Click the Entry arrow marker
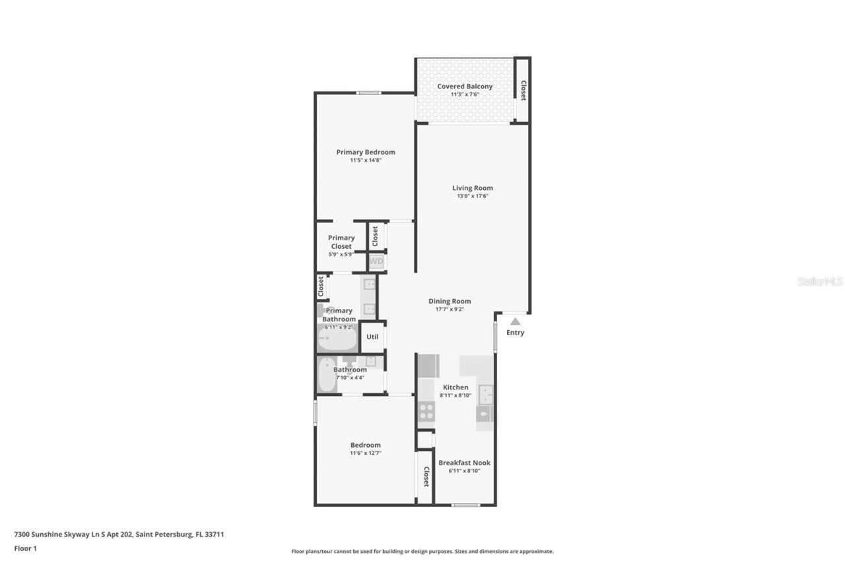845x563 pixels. [x=515, y=321]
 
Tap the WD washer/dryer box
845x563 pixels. [x=376, y=262]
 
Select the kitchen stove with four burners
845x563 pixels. [x=426, y=412]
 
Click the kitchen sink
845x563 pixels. [x=486, y=395]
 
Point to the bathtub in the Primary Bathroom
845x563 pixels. [x=337, y=338]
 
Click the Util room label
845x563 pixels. [x=372, y=337]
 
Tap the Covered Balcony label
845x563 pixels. [x=465, y=86]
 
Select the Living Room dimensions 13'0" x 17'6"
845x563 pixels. [x=472, y=196]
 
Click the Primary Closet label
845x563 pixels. [x=341, y=242]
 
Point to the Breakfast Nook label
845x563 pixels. [x=464, y=463]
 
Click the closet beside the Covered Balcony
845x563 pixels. [x=522, y=90]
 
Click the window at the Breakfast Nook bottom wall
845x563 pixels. [x=465, y=505]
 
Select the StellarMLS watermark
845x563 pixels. [x=820, y=282]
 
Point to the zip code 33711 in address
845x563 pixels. [x=214, y=534]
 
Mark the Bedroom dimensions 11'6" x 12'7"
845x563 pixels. [x=365, y=453]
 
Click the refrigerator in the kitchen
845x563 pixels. [x=428, y=366]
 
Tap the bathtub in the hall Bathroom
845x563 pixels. [x=327, y=375]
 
